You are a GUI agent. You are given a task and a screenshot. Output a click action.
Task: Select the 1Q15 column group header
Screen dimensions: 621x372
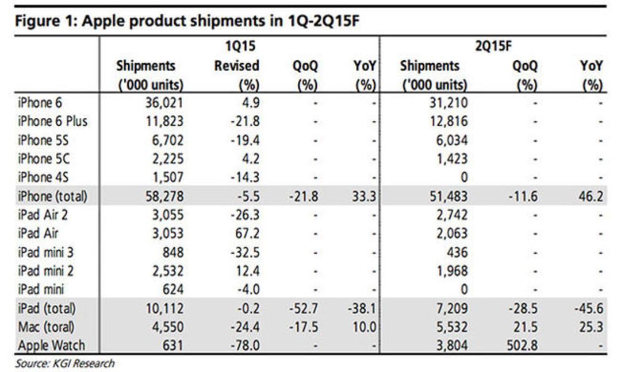[240, 46]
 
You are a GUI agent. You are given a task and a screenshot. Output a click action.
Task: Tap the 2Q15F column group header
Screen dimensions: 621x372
[493, 46]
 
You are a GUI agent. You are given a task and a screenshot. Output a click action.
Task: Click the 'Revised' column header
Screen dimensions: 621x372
[237, 65]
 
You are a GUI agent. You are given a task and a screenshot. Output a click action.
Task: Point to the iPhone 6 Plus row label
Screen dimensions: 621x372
[52, 121]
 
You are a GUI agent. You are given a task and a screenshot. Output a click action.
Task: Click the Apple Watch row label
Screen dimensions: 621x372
[51, 345]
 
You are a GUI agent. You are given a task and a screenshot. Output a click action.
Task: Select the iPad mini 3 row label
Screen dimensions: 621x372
[45, 252]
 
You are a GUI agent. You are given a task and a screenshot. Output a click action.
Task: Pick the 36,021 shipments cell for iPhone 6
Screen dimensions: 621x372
[164, 103]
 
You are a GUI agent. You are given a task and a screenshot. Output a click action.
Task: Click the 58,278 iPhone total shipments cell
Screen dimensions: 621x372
[164, 196]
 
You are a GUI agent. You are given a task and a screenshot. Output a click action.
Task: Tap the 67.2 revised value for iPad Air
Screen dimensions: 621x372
[247, 233]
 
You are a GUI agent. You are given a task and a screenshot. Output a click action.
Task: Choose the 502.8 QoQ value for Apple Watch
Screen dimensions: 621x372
[522, 345]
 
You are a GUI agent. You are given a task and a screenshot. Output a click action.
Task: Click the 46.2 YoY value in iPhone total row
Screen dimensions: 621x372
[591, 196]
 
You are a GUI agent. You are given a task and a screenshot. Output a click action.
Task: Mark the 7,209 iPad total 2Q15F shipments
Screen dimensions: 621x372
[452, 308]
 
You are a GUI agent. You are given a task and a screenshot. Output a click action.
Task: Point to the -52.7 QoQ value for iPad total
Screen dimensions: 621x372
[304, 308]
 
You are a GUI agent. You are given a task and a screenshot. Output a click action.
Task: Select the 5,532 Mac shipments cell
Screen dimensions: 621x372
[452, 327]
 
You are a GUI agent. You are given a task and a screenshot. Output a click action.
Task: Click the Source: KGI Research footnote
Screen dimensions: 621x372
[65, 363]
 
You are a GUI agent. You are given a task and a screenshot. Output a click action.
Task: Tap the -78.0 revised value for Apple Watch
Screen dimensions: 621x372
[245, 345]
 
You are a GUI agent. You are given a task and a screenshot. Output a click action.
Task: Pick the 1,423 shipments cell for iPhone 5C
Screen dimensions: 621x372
[452, 158]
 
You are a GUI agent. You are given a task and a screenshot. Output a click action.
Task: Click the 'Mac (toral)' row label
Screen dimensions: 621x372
[46, 327]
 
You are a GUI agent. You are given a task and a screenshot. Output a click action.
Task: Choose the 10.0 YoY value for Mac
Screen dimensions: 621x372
[364, 327]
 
